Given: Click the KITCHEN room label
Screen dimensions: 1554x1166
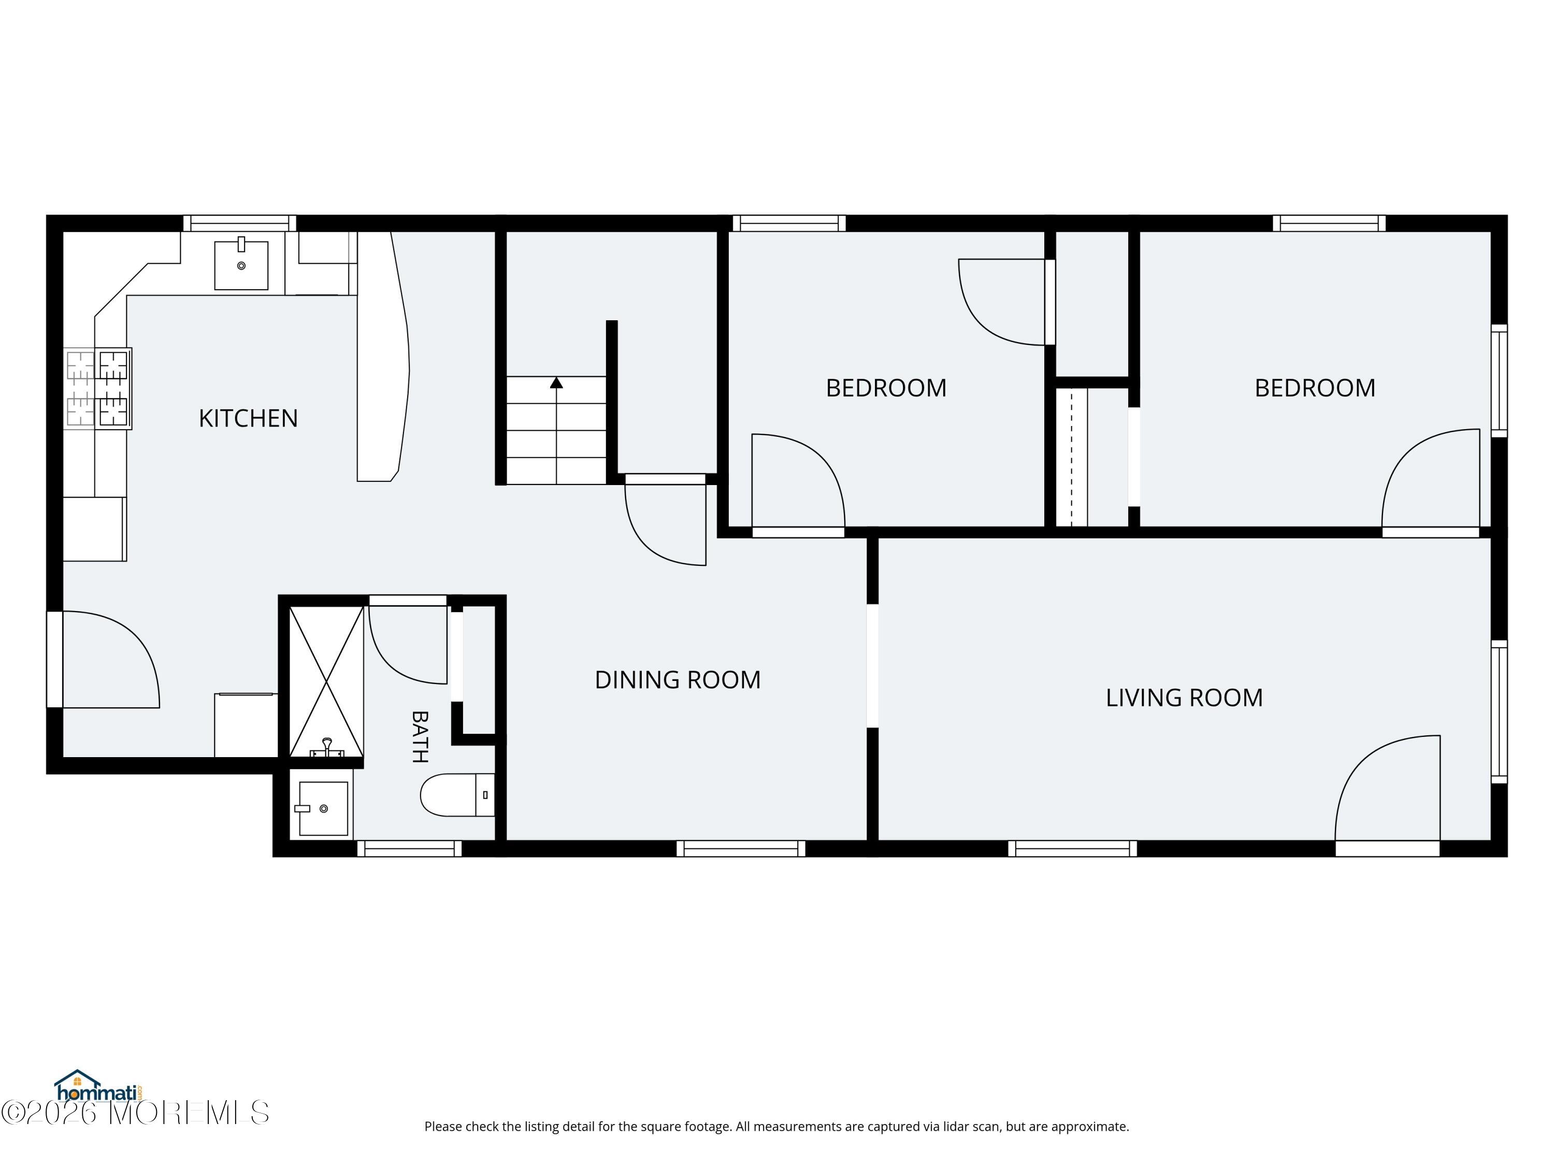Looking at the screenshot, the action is tap(248, 418).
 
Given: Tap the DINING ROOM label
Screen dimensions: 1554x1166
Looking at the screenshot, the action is tap(678, 679).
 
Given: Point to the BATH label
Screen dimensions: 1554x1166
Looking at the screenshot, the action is tap(420, 736).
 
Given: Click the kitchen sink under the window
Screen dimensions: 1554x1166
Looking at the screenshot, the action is tap(241, 264).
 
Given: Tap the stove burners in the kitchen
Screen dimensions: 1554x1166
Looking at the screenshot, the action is tap(98, 388).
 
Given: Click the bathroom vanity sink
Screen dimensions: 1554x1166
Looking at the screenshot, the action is tap(323, 808).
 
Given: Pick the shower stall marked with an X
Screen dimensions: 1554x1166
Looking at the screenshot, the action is tap(327, 682).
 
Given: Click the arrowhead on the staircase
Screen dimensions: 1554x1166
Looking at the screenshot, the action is tap(556, 382).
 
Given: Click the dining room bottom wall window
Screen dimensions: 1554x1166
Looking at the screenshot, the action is tap(741, 848).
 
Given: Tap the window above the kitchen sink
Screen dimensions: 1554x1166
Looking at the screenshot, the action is tap(239, 223).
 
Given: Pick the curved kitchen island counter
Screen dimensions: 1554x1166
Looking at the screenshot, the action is tap(383, 357).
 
